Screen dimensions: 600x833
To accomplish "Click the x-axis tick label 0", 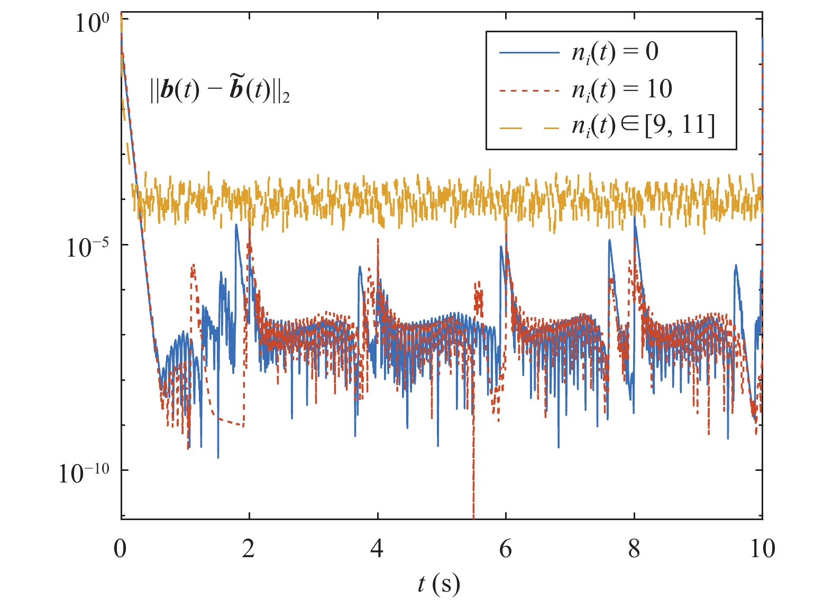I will pyautogui.click(x=121, y=549).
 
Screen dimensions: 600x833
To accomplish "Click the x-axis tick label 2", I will pyautogui.click(x=249, y=549).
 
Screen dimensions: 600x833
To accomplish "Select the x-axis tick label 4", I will pyautogui.click(x=377, y=549).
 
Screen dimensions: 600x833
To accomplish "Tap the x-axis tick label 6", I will pyautogui.click(x=506, y=549).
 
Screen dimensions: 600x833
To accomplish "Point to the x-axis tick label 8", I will pyautogui.click(x=634, y=549).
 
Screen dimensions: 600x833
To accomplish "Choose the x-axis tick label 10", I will pyautogui.click(x=762, y=549).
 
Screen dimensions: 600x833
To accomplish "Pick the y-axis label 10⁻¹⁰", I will pyautogui.click(x=84, y=472).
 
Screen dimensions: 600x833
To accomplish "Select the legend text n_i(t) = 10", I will pyautogui.click(x=621, y=89).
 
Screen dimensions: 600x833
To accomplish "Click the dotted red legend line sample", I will pyautogui.click(x=529, y=90).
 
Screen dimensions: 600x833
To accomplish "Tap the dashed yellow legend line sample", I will pyautogui.click(x=529, y=127).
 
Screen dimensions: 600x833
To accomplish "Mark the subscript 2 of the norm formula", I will pyautogui.click(x=286, y=98).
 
